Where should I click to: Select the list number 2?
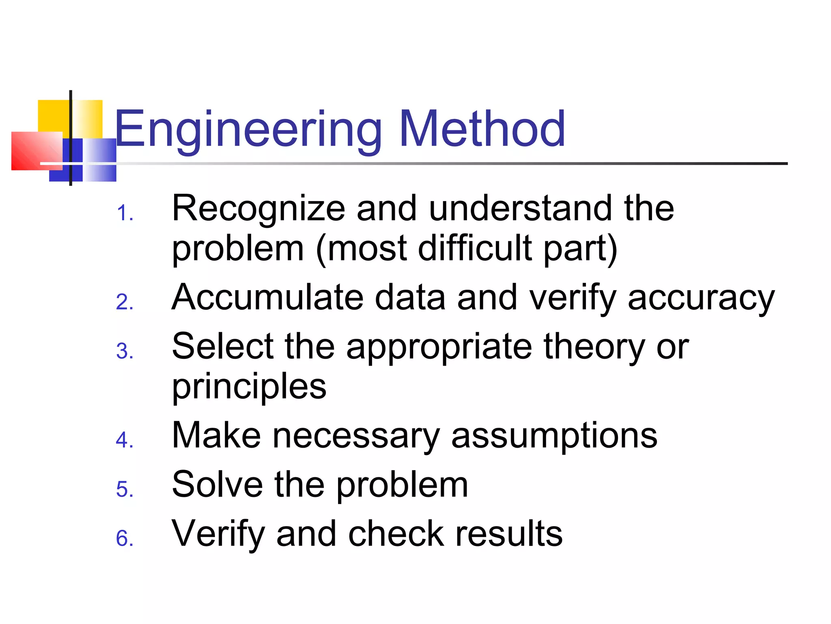pos(124,302)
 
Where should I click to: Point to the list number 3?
pos(124,351)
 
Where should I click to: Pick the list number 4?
pos(124,440)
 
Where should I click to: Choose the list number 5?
pos(124,489)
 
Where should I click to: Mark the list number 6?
pos(124,538)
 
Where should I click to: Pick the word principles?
pos(249,387)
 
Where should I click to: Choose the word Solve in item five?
pos(217,484)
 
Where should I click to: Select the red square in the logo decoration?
pos(37,151)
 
